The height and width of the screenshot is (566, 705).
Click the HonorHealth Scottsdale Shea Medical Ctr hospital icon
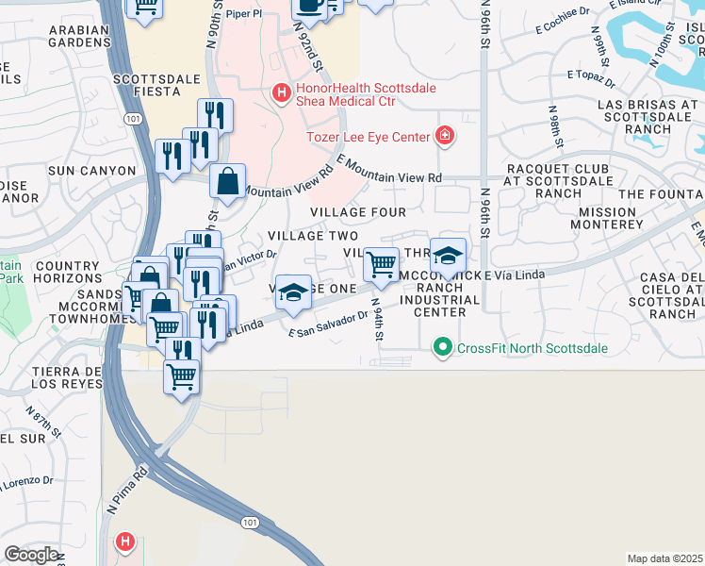(280, 92)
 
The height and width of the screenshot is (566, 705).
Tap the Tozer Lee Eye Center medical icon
(444, 136)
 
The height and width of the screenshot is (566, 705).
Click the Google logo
(31, 555)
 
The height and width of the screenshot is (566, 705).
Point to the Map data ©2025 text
(664, 558)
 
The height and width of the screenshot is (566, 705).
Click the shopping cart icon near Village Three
(381, 263)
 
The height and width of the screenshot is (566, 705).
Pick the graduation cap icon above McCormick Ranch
(448, 254)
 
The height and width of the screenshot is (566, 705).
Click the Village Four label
(358, 212)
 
